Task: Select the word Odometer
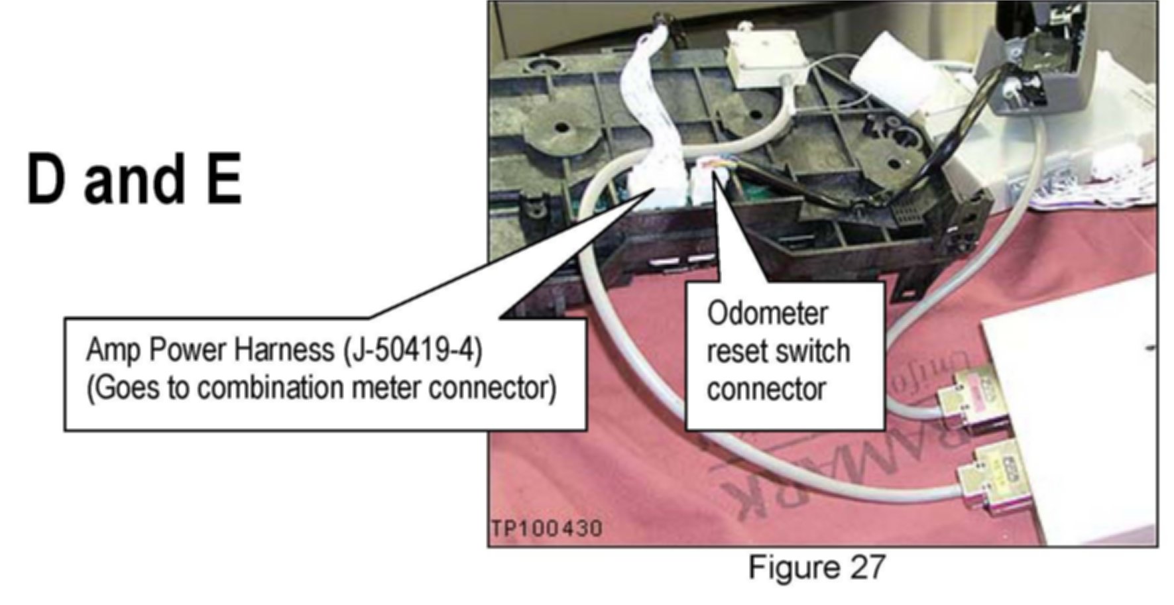[x=767, y=313]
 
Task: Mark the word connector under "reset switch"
[x=766, y=389]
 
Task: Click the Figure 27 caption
[x=816, y=567]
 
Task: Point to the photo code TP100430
[x=547, y=529]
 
